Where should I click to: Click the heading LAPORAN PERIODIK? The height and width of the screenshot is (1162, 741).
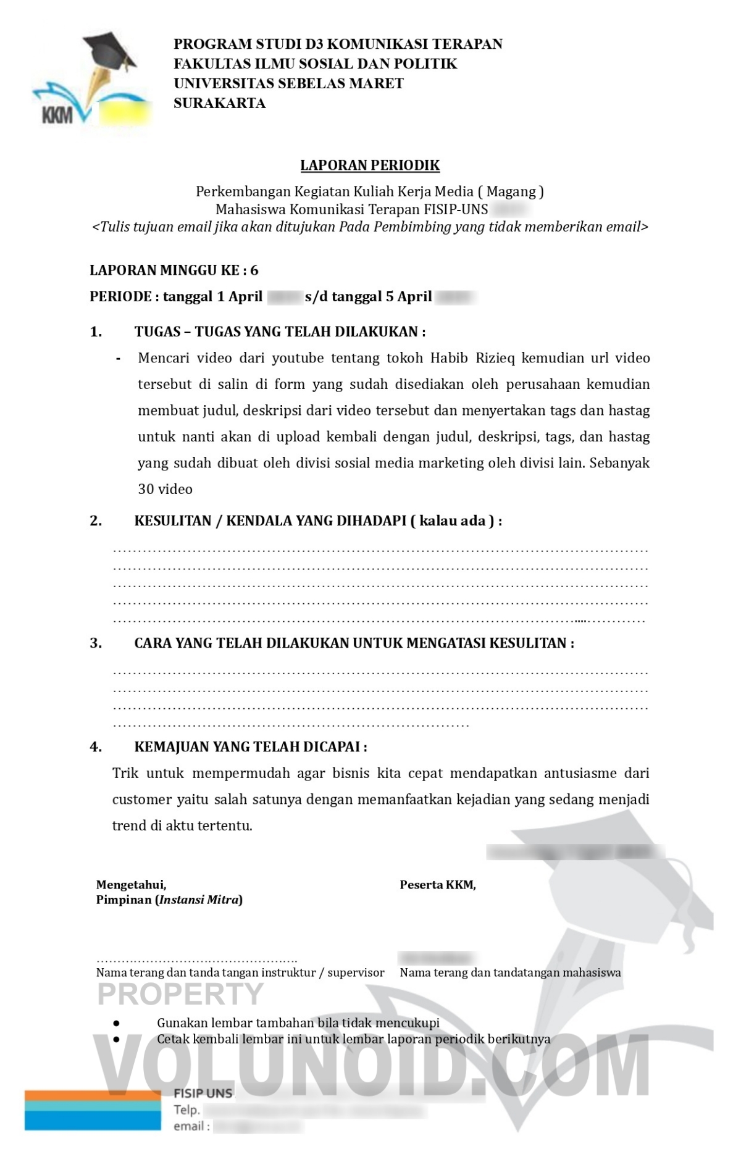click(370, 165)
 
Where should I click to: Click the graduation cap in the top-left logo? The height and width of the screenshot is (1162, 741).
click(110, 49)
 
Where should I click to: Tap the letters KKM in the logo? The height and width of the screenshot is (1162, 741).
click(57, 115)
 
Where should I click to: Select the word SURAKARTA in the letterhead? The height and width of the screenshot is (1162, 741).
click(219, 103)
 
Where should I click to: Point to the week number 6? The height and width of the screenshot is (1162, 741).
click(254, 270)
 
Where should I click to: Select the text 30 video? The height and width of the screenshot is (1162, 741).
click(165, 489)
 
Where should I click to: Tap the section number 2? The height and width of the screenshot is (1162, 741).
click(96, 520)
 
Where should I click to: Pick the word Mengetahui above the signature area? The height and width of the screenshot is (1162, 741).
click(131, 885)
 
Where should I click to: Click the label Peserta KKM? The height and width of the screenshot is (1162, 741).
click(437, 885)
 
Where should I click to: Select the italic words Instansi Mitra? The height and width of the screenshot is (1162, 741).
click(199, 900)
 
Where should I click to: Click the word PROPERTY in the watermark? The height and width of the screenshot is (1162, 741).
click(180, 994)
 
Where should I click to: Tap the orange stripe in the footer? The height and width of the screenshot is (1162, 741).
click(93, 1095)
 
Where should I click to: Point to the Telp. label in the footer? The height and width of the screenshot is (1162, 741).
click(186, 1110)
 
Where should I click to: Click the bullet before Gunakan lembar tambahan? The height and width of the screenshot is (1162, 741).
click(116, 1023)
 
